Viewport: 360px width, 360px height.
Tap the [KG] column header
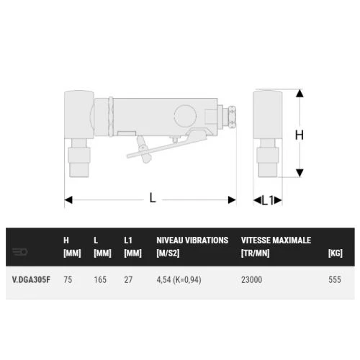[x=335, y=253]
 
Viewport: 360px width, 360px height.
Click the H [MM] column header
[x=71, y=246]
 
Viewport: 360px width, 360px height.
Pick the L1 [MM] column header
[x=132, y=246]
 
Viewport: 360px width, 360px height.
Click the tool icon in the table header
[x=20, y=252]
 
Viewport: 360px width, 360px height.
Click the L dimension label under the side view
[x=153, y=198]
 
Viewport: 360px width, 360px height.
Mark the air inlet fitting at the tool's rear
[x=232, y=116]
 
